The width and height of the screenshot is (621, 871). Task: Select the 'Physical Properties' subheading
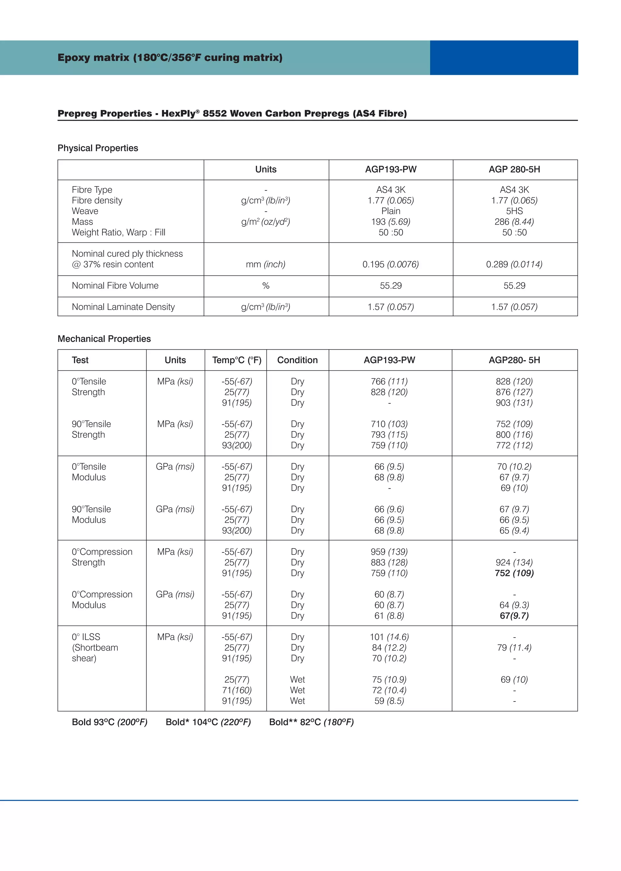tap(98, 148)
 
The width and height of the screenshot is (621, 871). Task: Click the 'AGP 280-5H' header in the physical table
tap(514, 169)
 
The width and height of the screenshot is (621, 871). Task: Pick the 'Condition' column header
tap(297, 360)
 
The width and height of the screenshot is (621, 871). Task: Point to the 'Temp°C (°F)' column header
tap(237, 360)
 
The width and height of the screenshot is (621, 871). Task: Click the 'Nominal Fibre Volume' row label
tap(115, 286)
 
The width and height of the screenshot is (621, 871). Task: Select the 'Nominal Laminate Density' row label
tap(123, 307)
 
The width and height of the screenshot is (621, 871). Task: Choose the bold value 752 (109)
tap(514, 573)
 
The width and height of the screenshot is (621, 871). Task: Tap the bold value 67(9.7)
tap(514, 616)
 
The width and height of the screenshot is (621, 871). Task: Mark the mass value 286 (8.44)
tap(514, 222)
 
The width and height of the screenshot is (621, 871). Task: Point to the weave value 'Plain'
tap(391, 211)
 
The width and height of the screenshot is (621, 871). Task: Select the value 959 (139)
tap(389, 552)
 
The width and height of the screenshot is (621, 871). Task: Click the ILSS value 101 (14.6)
tap(389, 637)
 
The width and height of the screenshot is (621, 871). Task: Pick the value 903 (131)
tap(514, 403)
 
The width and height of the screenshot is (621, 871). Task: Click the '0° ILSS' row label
tap(86, 637)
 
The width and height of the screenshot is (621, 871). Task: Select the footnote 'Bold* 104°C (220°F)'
tap(208, 722)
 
